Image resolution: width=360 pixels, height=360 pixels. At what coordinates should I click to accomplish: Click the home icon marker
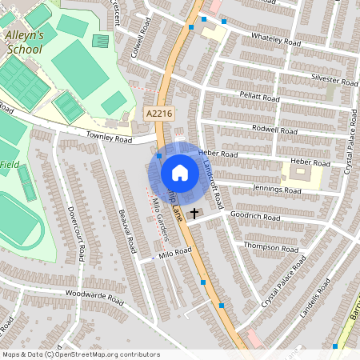[180, 173]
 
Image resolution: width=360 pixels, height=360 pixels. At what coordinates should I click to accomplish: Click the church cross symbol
[194, 214]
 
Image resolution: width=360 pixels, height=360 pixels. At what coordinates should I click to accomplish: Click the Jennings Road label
[276, 190]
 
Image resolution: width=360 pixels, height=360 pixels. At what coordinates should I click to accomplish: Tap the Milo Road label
[176, 252]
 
